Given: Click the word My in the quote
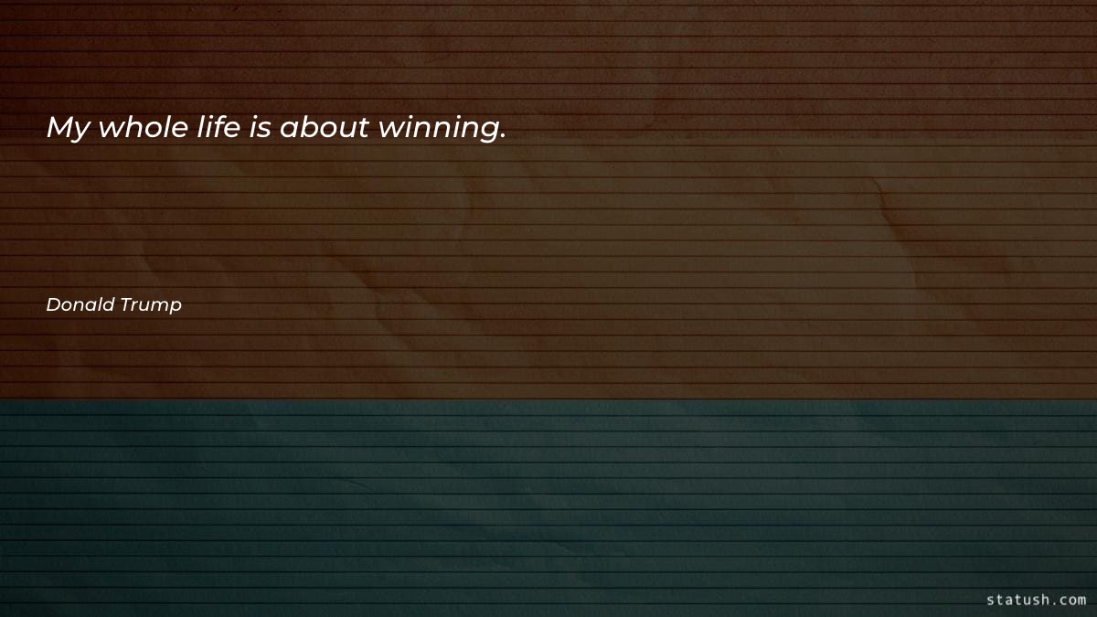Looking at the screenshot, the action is point(69,128).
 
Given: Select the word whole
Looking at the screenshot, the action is point(144,126).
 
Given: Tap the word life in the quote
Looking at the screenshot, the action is point(218,126).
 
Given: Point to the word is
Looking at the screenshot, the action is point(260,127).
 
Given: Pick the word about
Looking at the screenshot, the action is point(325,126).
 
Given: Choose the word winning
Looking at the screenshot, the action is point(439,129).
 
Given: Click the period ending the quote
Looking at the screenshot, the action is point(503,135).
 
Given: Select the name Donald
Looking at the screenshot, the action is point(80,304).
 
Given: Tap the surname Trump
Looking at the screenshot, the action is point(151,305).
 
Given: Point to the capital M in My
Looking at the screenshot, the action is point(60,127).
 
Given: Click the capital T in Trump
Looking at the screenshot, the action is point(127,304).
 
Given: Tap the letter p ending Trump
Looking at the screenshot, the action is point(176,307).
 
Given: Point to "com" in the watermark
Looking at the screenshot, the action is point(1072,601).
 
